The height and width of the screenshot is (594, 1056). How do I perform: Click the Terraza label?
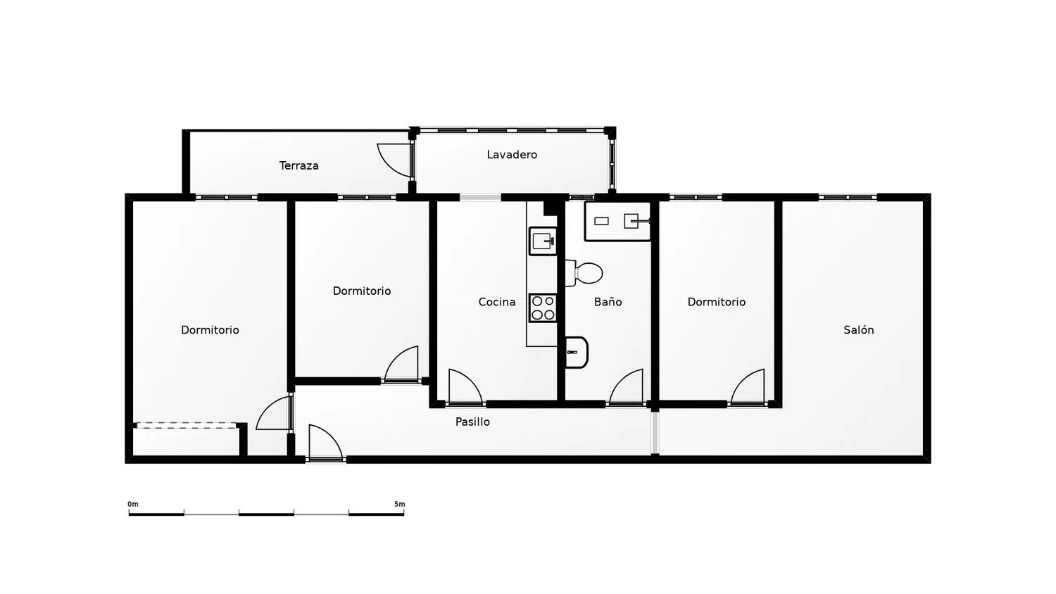299,165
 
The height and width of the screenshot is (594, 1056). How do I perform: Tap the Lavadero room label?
512,154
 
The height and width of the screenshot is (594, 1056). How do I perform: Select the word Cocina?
497,302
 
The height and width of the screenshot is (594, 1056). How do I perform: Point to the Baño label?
608,302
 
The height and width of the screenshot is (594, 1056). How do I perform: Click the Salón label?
858,329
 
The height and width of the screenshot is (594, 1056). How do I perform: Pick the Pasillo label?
472,422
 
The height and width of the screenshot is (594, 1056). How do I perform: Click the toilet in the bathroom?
584,273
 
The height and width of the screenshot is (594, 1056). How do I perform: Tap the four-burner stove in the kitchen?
543,308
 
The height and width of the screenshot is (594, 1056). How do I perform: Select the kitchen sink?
543,241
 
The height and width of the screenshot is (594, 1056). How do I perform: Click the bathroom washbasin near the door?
577,352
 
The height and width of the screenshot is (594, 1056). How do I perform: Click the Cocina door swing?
465,386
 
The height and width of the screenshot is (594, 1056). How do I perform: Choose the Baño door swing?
626,386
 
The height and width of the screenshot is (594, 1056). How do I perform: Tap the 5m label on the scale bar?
399,504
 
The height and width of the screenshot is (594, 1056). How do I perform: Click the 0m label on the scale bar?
133,504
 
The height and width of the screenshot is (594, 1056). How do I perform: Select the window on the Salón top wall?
848,197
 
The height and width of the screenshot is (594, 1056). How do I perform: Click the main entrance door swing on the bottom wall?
325,441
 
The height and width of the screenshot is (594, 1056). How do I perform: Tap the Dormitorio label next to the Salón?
717,302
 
